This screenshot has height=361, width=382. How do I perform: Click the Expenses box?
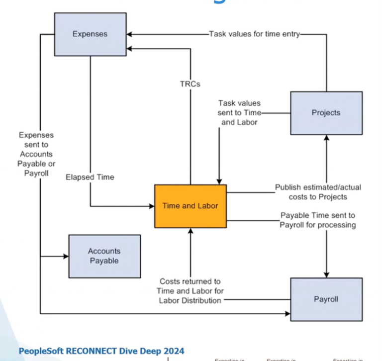pyautogui.click(x=90, y=34)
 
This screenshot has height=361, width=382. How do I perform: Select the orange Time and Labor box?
pyautogui.click(x=190, y=205)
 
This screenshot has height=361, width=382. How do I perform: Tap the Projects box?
pyautogui.click(x=326, y=113)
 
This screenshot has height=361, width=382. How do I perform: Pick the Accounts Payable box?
pyautogui.click(x=104, y=256)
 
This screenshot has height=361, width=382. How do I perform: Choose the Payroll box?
pyautogui.click(x=326, y=299)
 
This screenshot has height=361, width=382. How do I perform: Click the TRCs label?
pyautogui.click(x=190, y=84)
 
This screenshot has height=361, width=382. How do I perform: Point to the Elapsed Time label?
pyautogui.click(x=90, y=177)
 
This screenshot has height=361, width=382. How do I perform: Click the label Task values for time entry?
pyautogui.click(x=254, y=34)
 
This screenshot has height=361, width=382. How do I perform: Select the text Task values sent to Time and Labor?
pyautogui.click(x=240, y=112)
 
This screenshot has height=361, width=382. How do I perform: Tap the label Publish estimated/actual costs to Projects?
pyautogui.click(x=318, y=192)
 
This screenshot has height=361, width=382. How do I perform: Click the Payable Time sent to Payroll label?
pyautogui.click(x=318, y=220)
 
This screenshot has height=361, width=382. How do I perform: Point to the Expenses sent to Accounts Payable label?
pyautogui.click(x=36, y=154)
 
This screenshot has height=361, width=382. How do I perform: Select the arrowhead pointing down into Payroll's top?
pyautogui.click(x=326, y=274)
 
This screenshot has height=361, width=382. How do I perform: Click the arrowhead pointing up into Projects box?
pyautogui.click(x=326, y=138)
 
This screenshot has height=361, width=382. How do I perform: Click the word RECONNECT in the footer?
pyautogui.click(x=81, y=351)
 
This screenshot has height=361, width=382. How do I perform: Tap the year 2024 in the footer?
pyautogui.click(x=173, y=351)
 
